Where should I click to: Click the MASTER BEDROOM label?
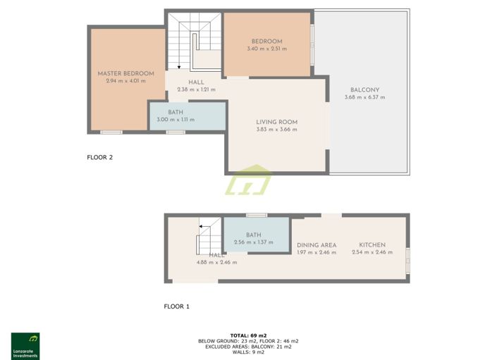pos(125,74)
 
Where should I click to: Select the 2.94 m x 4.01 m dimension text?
pos(125,81)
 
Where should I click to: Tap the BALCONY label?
pos(364,90)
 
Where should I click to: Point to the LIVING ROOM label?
pos(276,123)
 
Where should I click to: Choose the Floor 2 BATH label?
pos(176,113)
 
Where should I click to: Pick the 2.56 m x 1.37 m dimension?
pos(253,242)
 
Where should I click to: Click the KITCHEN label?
pos(370,245)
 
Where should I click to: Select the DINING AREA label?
pos(317,245)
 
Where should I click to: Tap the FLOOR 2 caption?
pos(99,158)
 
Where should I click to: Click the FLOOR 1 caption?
pos(177,306)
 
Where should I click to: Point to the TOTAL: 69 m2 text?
pos(248,335)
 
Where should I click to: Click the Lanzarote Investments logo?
pos(25,345)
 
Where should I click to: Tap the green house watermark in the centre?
pos(248,181)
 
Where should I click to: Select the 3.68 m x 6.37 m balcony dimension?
pos(364,97)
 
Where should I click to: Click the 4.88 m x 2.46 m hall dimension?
pos(216,262)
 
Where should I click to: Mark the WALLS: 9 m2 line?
pos(248,352)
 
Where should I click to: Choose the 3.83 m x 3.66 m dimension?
pos(276,130)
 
